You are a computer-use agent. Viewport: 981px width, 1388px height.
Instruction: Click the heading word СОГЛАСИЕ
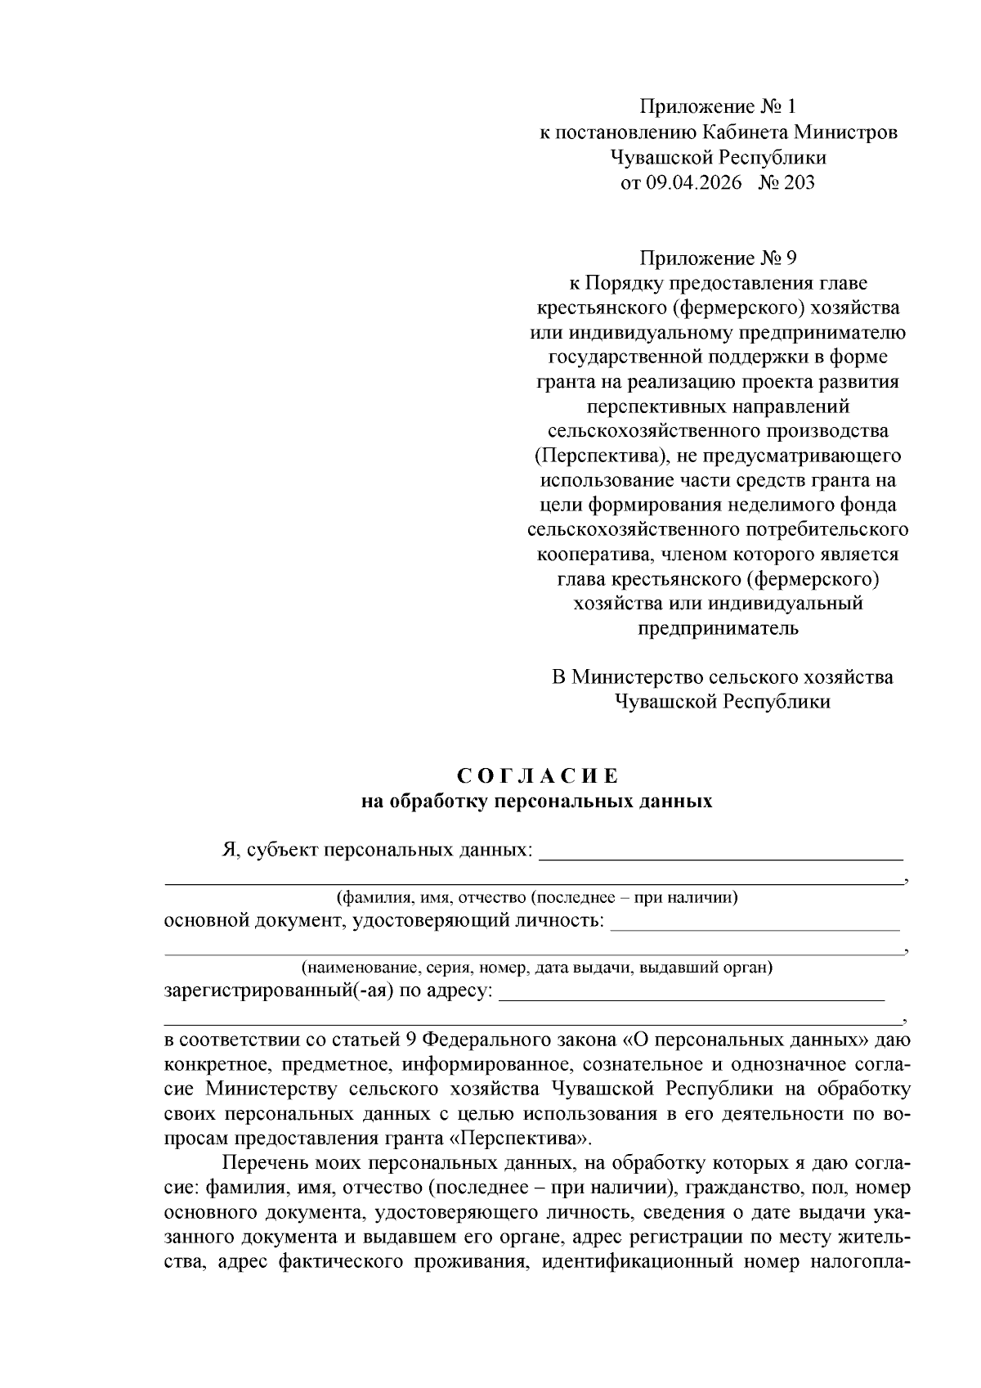(x=536, y=775)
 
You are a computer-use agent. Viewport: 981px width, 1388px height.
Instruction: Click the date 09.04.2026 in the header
(x=694, y=182)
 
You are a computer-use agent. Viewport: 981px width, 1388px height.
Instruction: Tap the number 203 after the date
(x=798, y=182)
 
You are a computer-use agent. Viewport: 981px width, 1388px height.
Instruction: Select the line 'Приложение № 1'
(x=717, y=107)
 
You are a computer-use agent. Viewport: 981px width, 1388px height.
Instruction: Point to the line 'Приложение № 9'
(x=717, y=258)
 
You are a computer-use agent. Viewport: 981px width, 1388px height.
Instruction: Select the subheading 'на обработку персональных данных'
(x=536, y=801)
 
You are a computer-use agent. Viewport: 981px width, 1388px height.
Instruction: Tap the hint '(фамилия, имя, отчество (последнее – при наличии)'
(x=537, y=897)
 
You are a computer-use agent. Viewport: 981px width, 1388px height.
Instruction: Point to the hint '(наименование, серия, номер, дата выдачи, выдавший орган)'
(x=537, y=968)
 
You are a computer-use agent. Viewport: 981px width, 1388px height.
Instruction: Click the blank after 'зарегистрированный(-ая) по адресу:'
(x=691, y=995)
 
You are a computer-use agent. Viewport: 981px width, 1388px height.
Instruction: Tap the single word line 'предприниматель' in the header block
(x=717, y=628)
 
